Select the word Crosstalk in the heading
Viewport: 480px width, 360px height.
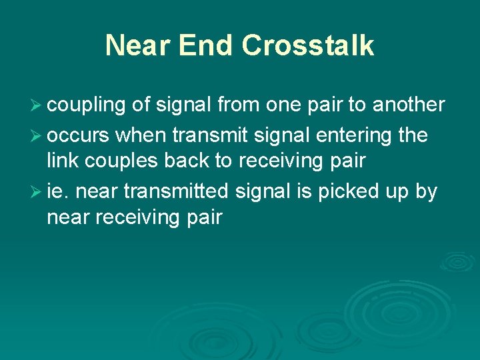[x=308, y=46]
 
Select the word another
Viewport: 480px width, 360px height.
[x=409, y=105]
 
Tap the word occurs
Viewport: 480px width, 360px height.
[x=79, y=136]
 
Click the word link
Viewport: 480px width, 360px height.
[x=61, y=161]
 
